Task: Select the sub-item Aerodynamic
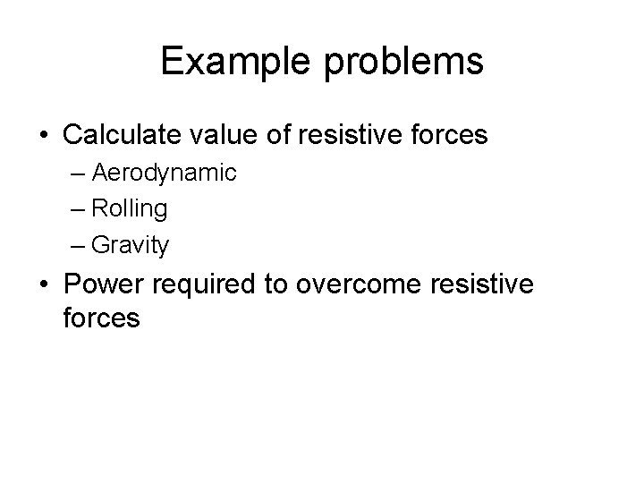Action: coord(165,174)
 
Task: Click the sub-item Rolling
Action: coord(130,208)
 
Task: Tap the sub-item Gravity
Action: coord(131,243)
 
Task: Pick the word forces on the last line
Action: coord(102,317)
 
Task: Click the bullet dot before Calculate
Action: coord(44,136)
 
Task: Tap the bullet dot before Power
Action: coord(44,285)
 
